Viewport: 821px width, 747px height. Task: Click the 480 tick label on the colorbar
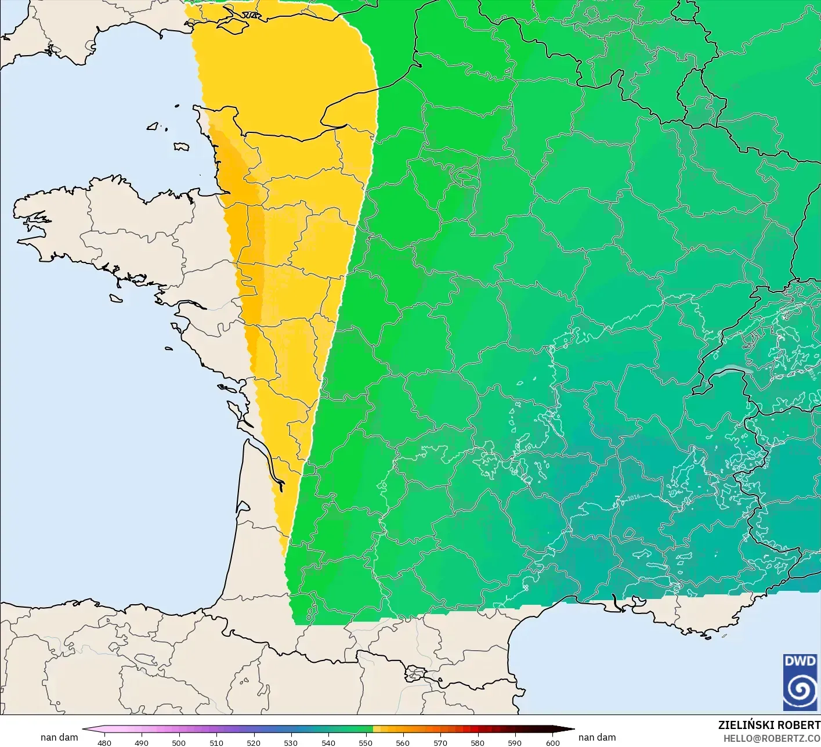pyautogui.click(x=104, y=742)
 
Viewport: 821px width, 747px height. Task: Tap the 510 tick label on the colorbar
pyautogui.click(x=216, y=742)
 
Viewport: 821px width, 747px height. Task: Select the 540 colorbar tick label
pyautogui.click(x=328, y=742)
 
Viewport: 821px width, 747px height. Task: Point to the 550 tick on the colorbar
pyautogui.click(x=366, y=742)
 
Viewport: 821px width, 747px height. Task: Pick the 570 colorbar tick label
pyautogui.click(x=440, y=742)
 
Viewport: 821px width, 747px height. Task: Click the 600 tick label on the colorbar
pyautogui.click(x=552, y=742)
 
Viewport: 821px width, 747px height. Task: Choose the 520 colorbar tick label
pyautogui.click(x=254, y=742)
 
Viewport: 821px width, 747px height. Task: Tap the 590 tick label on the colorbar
pyautogui.click(x=515, y=742)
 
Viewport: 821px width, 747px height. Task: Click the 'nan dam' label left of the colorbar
pyautogui.click(x=59, y=737)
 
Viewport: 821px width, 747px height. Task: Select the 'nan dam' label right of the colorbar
pyautogui.click(x=597, y=737)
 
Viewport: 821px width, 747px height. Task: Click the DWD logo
pyautogui.click(x=800, y=682)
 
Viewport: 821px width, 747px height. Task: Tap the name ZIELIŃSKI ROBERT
pyautogui.click(x=769, y=725)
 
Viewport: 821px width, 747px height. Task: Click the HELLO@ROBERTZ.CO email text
pyautogui.click(x=772, y=738)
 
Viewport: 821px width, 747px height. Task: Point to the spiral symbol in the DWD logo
pyautogui.click(x=800, y=691)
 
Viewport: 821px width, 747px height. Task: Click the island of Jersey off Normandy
pyautogui.click(x=182, y=147)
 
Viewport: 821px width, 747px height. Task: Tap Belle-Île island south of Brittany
pyautogui.click(x=116, y=298)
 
